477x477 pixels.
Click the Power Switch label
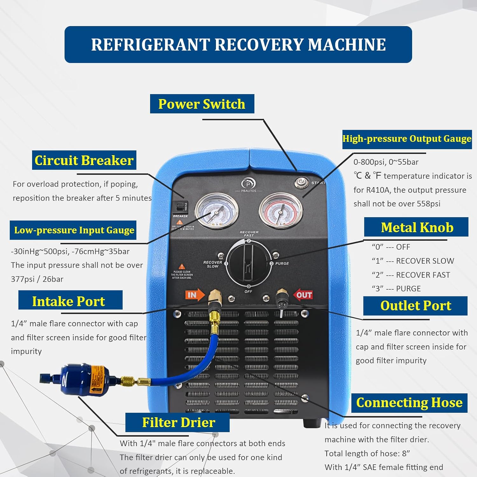point(202,104)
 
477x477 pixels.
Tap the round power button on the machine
point(301,183)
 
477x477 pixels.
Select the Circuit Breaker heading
point(84,160)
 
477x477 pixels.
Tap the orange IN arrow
point(195,295)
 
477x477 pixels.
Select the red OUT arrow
point(303,295)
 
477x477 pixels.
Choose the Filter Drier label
point(178,422)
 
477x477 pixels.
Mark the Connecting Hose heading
point(409,403)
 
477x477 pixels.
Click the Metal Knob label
point(417,227)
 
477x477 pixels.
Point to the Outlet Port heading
point(415,306)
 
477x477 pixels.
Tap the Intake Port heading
point(69,301)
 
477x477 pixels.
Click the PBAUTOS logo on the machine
point(248,185)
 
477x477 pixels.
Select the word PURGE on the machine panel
point(282,264)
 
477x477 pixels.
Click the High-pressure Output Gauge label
point(407,139)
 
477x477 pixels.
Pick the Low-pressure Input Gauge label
point(74,230)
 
